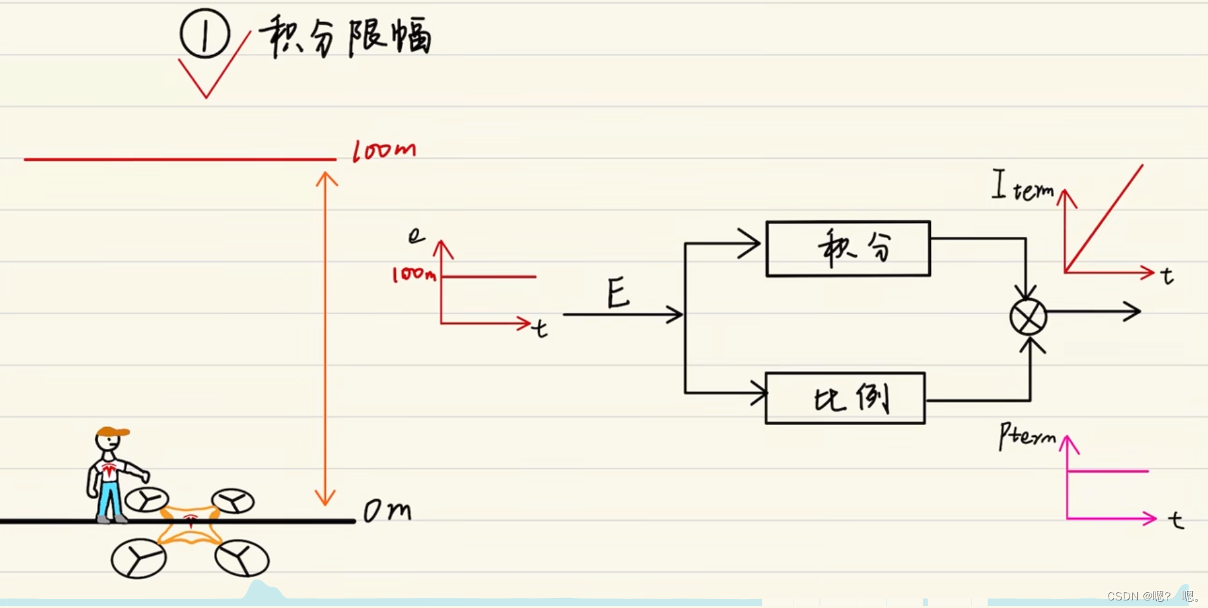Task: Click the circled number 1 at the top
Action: pos(204,34)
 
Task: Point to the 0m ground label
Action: pos(387,510)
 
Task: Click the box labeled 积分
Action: pos(848,248)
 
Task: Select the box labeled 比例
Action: pos(845,398)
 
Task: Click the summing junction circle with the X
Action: pos(1028,317)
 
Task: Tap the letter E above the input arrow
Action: pos(618,293)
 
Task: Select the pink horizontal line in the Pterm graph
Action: pos(1107,471)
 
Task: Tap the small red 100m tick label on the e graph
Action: pos(414,274)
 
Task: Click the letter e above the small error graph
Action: pos(416,236)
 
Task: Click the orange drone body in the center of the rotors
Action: pos(190,524)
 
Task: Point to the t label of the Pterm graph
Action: pos(1176,520)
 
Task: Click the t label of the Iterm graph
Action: pos(1168,276)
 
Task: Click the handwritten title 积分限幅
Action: pos(346,37)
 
